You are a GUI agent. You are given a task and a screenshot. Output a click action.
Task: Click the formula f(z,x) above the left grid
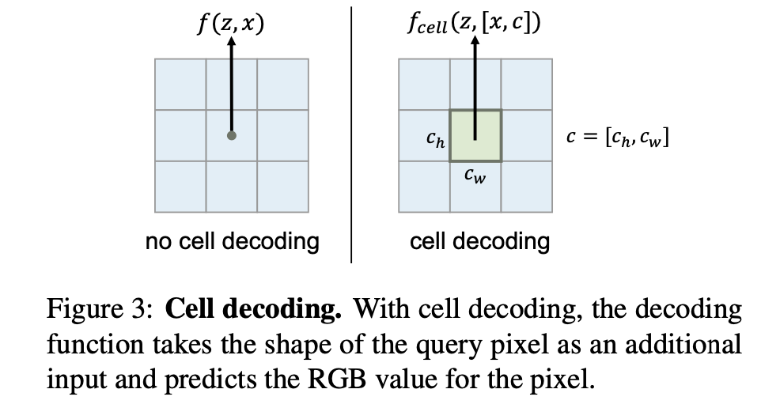231,23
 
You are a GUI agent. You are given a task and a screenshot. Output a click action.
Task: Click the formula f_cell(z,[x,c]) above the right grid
475,23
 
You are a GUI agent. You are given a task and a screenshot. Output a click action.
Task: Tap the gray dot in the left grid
231,135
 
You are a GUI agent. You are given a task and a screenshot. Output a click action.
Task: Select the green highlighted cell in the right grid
475,135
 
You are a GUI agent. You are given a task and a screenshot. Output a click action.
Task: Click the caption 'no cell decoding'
232,240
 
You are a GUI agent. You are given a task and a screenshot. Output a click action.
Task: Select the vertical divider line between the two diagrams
351,134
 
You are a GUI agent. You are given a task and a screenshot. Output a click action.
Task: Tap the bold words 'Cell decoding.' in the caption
254,308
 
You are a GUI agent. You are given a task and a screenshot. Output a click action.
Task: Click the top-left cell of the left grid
180,85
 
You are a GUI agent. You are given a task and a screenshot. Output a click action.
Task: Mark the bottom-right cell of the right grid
526,187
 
